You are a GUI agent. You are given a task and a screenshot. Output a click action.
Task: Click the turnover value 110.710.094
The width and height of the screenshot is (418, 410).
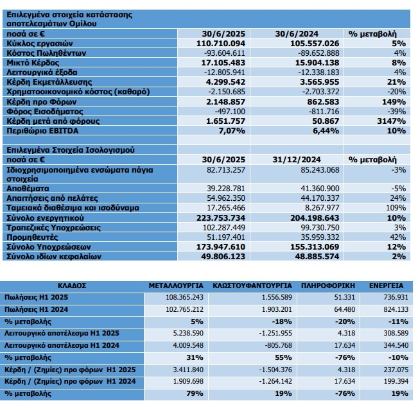coord(221,44)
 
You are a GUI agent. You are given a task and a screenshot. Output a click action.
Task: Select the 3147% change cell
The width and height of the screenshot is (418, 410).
coord(391,121)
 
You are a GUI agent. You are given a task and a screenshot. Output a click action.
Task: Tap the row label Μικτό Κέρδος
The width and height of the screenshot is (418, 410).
coord(33,63)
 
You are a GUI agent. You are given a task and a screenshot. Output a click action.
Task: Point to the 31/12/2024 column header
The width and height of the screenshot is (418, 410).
coord(297,160)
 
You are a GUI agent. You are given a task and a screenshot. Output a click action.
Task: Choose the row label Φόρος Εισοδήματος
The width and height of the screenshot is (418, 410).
coord(45,112)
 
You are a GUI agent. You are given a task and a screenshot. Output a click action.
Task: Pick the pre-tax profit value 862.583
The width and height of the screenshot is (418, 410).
coord(323,102)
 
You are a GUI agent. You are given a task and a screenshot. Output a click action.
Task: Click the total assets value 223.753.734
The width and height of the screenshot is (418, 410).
coord(221,218)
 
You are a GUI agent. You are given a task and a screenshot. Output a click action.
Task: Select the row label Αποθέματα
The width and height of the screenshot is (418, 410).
coord(28,189)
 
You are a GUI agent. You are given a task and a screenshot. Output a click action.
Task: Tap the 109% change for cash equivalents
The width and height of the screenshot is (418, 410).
coord(396,208)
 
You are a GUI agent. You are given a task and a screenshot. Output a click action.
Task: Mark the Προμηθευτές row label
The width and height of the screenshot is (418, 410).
coord(32,237)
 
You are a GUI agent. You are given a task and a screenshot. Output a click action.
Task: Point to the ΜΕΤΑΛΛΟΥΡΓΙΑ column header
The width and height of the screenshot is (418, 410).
coord(176,286)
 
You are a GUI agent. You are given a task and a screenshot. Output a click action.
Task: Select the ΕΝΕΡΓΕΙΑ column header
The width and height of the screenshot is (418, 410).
coord(387,286)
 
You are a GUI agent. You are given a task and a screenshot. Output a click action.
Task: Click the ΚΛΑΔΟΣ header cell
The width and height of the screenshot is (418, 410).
coord(72,286)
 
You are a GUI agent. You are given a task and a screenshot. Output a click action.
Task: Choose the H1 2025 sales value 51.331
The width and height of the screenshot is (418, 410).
coord(345,297)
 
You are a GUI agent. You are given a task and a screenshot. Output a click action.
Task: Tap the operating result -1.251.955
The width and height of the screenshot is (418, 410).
coord(275,333)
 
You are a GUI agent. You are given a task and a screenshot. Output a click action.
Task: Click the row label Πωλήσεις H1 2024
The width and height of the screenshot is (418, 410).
coord(36,309)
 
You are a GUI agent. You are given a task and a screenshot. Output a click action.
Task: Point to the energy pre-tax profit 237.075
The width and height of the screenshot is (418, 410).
coord(396,370)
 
